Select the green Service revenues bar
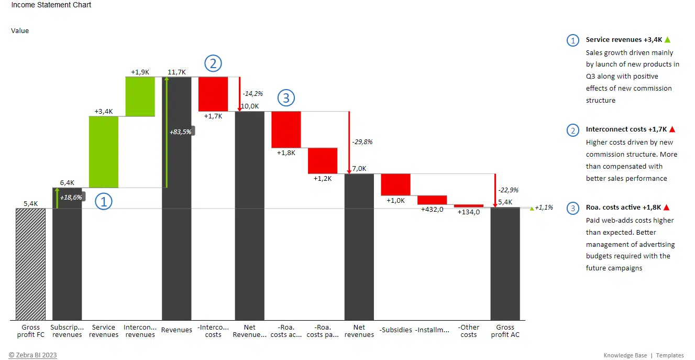coord(104,151)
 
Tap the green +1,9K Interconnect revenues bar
coord(140,96)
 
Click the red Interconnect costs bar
coord(213,94)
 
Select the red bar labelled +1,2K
coord(322,160)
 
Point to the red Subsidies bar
coord(395,184)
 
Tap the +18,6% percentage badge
coord(71,198)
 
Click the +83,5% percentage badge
coord(181,132)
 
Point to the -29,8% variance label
coord(362,141)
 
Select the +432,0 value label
coord(432,209)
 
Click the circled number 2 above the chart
coord(213,63)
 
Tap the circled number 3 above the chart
coord(286,97)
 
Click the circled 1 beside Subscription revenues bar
coord(103,201)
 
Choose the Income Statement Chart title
coord(51,5)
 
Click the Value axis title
coord(20,30)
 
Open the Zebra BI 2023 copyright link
coord(32,355)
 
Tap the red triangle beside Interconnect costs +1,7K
coord(672,129)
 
